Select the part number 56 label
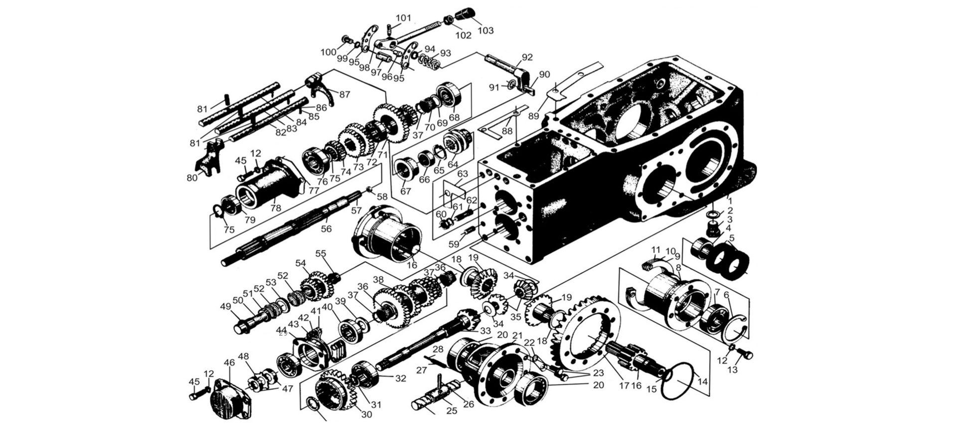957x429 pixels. (x=326, y=228)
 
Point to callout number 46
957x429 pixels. (x=230, y=363)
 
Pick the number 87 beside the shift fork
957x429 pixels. (x=345, y=94)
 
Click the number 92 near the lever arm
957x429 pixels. (x=527, y=57)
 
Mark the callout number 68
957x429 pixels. (x=454, y=117)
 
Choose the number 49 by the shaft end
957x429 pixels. (x=226, y=306)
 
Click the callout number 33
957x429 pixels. (x=485, y=331)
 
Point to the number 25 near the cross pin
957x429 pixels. (x=452, y=411)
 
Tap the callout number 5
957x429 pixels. (x=731, y=238)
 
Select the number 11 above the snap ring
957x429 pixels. (x=656, y=249)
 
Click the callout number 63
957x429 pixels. (x=463, y=174)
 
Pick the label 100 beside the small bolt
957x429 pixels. (x=328, y=52)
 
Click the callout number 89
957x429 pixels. (x=534, y=116)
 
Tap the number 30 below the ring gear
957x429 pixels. (x=366, y=415)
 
